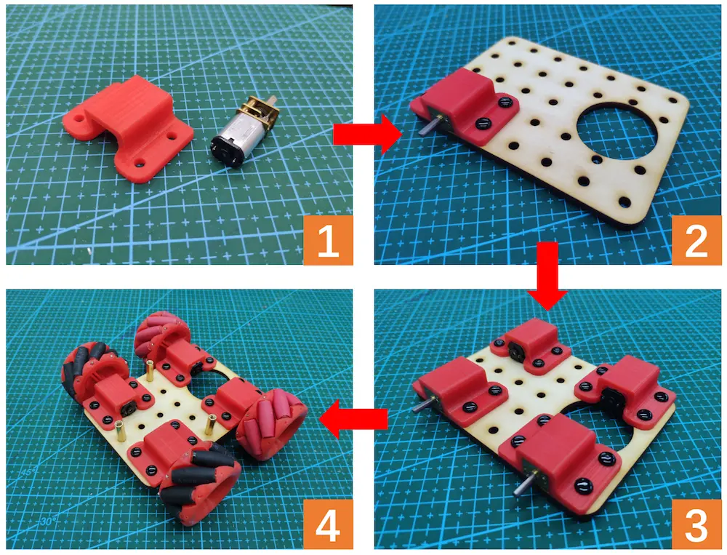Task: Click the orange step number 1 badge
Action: click(329, 240)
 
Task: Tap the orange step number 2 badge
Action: click(696, 240)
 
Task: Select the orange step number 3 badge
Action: click(696, 524)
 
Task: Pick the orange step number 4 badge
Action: click(329, 524)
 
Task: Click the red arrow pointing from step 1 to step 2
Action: click(367, 135)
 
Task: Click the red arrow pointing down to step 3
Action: click(547, 276)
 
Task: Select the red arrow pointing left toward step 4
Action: click(353, 419)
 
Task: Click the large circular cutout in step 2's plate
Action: click(616, 129)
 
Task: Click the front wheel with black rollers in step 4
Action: click(200, 485)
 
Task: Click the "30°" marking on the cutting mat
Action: click(47, 521)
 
